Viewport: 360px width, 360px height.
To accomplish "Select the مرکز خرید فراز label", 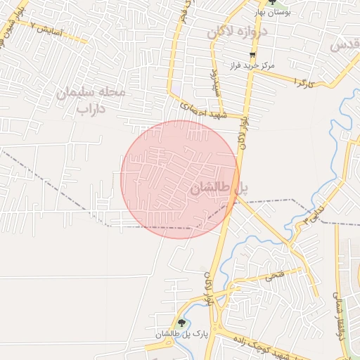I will (250, 65).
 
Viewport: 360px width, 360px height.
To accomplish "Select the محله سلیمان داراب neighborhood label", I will (91, 100).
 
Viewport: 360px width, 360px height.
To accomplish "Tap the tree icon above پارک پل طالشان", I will (182, 323).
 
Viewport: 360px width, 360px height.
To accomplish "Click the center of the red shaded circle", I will (179, 179).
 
